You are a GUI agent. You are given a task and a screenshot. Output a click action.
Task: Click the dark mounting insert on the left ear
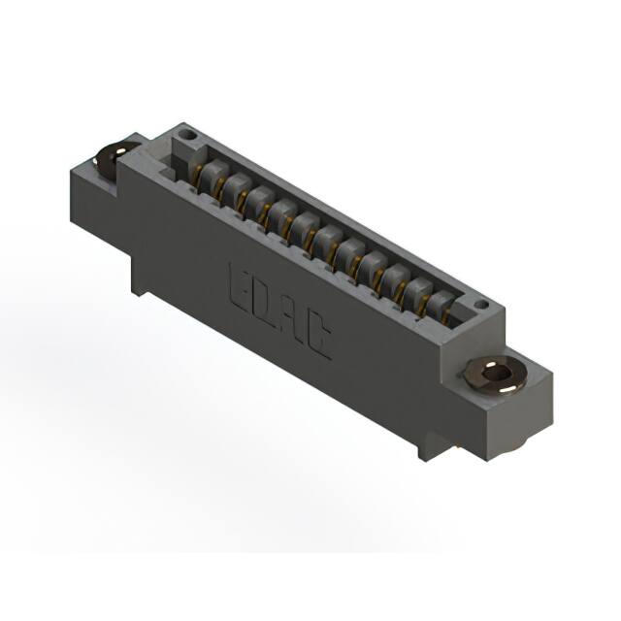tap(111, 157)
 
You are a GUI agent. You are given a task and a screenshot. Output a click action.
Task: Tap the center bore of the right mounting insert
tap(497, 374)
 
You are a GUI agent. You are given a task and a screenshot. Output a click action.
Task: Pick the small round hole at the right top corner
tap(481, 305)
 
